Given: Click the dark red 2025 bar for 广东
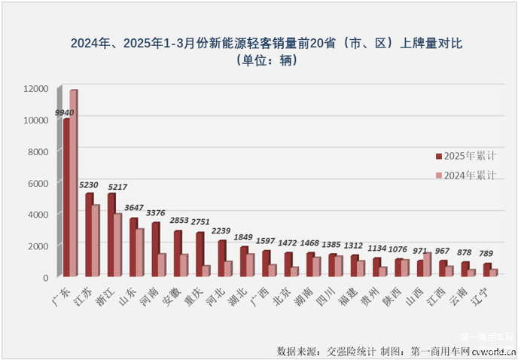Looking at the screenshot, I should (66, 197).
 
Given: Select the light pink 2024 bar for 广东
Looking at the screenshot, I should (74, 183).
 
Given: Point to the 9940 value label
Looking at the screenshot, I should (65, 112).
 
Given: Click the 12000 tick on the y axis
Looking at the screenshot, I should (35, 89).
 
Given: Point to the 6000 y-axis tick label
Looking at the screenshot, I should (38, 183).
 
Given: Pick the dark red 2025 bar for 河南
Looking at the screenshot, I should (154, 250).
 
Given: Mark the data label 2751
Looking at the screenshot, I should (200, 223).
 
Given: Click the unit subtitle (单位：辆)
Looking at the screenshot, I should (259, 60).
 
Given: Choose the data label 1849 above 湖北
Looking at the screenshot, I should (243, 237).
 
